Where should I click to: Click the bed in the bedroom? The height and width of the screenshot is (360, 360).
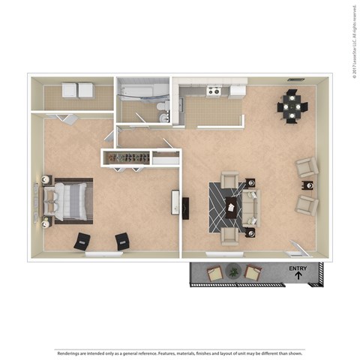coord(67,201)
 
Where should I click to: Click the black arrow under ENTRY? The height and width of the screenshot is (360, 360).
coord(298,276)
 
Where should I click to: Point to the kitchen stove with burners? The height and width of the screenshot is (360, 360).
coord(214,91)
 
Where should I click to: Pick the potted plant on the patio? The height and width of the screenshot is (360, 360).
coord(234,272)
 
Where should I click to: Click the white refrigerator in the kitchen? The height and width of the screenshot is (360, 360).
coord(238,91)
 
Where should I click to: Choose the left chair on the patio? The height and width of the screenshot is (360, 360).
coord(214,274)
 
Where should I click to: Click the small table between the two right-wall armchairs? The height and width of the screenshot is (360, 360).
coord(307,184)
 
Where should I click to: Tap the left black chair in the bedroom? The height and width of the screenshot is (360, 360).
coord(82,241)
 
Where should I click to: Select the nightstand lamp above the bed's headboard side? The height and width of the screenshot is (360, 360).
coord(46,180)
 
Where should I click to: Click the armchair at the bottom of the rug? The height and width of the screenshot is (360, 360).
coord(230,235)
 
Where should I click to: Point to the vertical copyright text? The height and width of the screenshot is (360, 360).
coord(352,41)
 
